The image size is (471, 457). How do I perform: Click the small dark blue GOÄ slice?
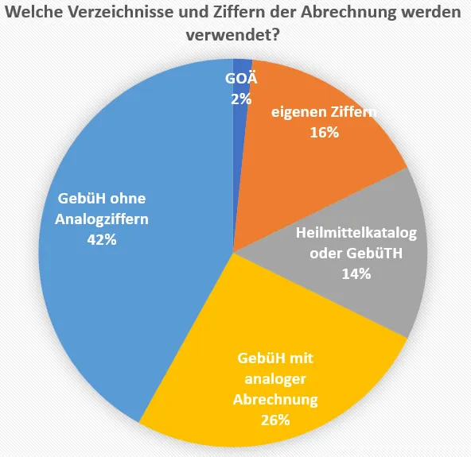coord(242,67)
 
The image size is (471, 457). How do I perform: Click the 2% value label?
coord(241,99)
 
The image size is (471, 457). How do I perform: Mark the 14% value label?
coord(356,274)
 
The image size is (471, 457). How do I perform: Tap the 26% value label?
coord(275,419)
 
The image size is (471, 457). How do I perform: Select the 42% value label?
coord(102,239)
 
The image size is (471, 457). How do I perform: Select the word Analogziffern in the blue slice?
coord(102,219)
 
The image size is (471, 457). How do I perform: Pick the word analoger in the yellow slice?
coord(275,378)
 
